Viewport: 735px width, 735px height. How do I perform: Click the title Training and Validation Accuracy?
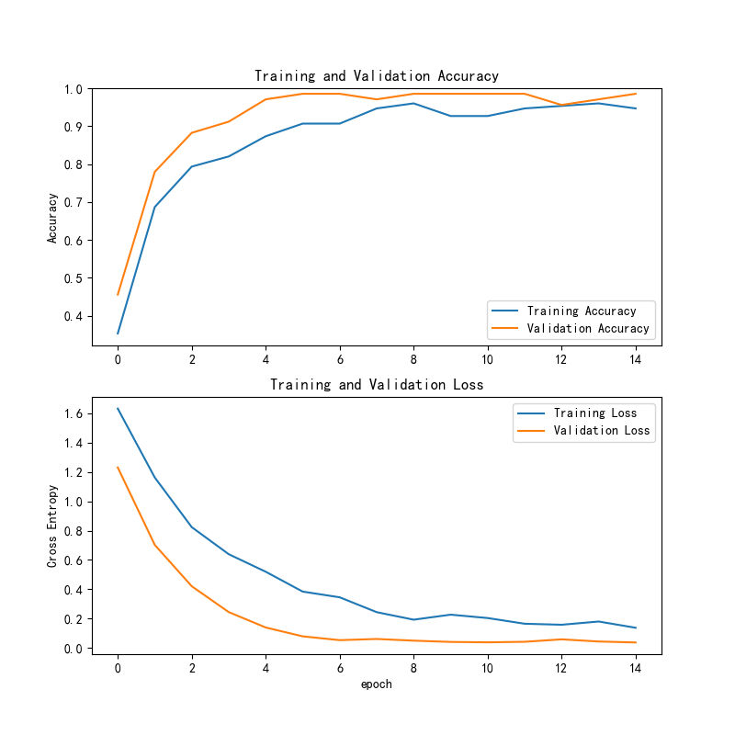(x=377, y=76)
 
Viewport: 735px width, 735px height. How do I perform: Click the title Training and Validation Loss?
(x=377, y=384)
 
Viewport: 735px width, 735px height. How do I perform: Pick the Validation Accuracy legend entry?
(x=587, y=328)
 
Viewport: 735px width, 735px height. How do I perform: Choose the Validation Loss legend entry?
(x=601, y=430)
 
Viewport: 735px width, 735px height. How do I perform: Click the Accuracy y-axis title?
(x=53, y=217)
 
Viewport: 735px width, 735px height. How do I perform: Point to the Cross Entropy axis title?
(x=53, y=526)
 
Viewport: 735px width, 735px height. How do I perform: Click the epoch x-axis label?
(x=377, y=684)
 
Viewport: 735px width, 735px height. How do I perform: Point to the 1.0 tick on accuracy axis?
(x=73, y=89)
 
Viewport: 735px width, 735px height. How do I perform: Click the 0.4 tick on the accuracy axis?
(x=73, y=316)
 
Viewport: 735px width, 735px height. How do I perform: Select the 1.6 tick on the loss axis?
(x=73, y=414)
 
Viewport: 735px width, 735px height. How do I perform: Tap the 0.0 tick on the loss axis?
(x=73, y=649)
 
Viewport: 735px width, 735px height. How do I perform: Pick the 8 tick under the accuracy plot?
(x=413, y=359)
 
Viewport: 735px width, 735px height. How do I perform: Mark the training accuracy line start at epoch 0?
(x=118, y=334)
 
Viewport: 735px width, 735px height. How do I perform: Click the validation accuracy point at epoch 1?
(x=154, y=172)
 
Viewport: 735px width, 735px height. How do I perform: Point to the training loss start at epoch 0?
(x=118, y=408)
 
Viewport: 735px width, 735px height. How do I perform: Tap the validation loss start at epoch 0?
(x=118, y=467)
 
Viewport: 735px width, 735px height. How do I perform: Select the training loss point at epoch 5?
(x=302, y=591)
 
